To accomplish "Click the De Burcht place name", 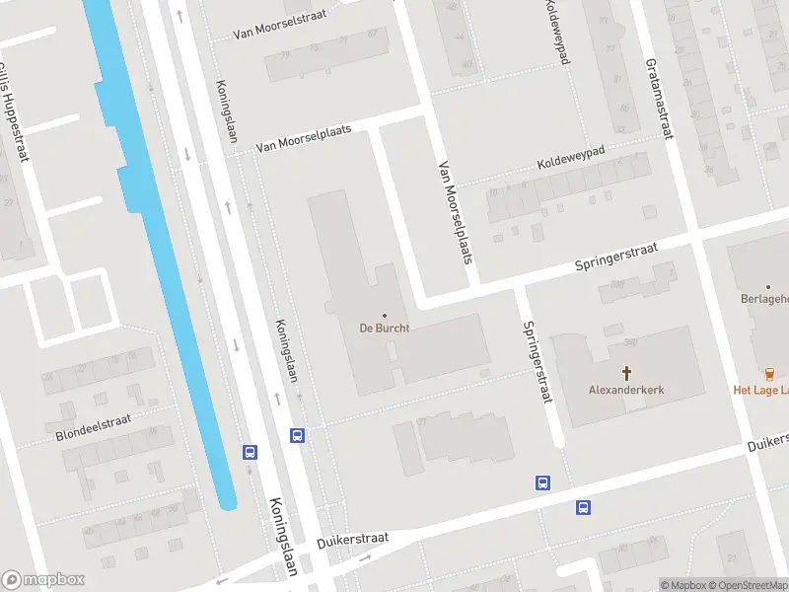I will click(x=384, y=328).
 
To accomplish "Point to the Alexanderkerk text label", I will click(x=626, y=390).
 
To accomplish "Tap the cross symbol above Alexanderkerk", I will click(x=626, y=372).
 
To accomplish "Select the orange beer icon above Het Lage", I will click(x=769, y=372).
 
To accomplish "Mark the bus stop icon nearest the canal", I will click(x=251, y=452).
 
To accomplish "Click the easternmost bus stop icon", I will click(x=583, y=507).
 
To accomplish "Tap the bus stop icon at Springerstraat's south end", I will click(x=542, y=482).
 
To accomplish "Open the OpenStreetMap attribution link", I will click(x=746, y=585).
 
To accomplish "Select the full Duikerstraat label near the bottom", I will click(x=352, y=541).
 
